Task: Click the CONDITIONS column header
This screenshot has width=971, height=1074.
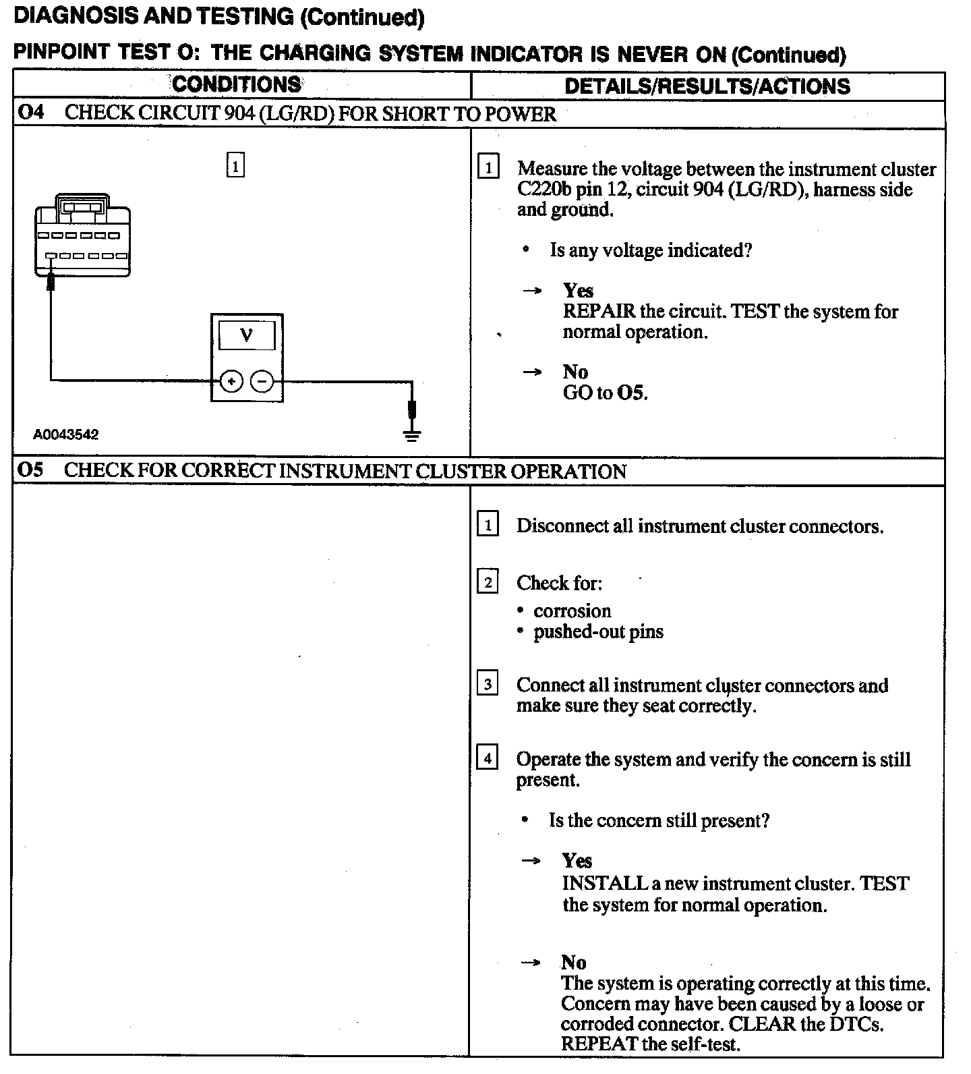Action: (237, 84)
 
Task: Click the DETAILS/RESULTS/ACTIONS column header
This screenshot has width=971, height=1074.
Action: (707, 86)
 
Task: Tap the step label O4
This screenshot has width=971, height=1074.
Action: (30, 113)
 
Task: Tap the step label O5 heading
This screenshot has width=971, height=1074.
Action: (30, 470)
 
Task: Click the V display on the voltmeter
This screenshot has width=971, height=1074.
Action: (247, 335)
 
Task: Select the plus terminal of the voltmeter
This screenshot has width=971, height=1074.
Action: (231, 382)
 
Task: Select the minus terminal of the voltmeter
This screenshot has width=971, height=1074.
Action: (262, 382)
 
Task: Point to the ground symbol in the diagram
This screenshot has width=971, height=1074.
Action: (412, 434)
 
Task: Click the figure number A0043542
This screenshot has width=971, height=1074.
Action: (66, 435)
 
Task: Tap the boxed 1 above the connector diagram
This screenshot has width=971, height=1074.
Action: (235, 165)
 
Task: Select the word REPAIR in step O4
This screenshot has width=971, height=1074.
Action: (599, 312)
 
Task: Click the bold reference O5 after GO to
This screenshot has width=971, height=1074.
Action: (631, 393)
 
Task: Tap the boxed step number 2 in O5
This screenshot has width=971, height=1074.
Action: (488, 582)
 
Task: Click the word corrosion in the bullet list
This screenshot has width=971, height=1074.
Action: (572, 611)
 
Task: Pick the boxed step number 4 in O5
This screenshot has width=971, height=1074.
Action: (488, 758)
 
